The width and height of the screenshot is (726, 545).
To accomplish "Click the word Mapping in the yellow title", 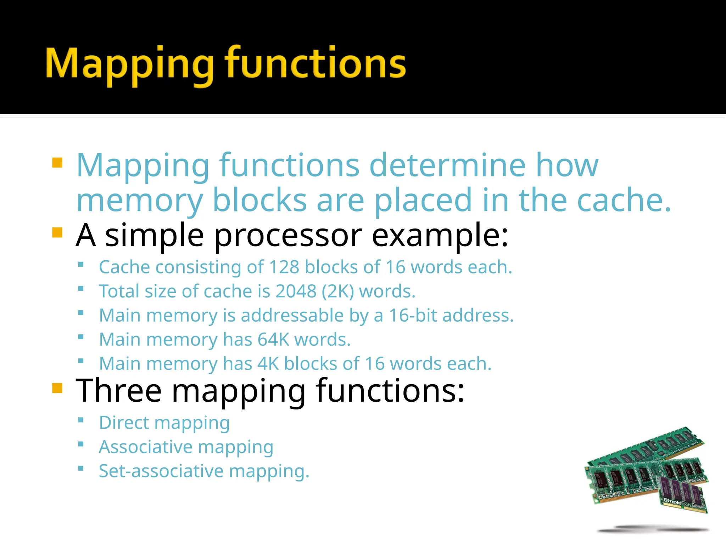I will tap(129, 64).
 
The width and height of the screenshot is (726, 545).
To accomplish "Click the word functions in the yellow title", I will tap(315, 64).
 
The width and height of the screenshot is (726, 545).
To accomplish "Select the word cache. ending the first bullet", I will tap(624, 200).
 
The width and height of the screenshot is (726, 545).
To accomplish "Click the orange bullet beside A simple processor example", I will tap(57, 233).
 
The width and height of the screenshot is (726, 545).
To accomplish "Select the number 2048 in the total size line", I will tap(296, 291).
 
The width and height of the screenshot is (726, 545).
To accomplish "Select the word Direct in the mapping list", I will tap(124, 423).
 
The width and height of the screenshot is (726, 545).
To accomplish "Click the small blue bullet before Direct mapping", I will tap(81, 420).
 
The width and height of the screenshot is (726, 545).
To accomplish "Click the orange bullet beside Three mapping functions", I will tap(57, 388).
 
